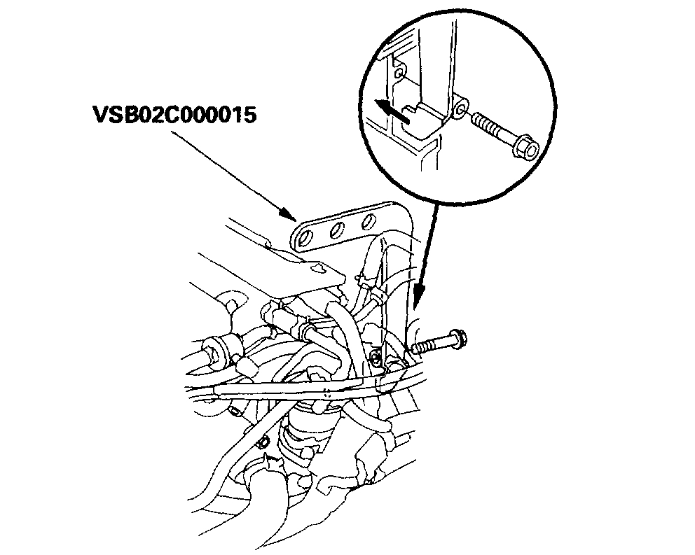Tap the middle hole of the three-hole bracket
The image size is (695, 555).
[335, 229]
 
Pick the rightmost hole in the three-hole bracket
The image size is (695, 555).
[365, 222]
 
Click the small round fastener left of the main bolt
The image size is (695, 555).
[377, 359]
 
